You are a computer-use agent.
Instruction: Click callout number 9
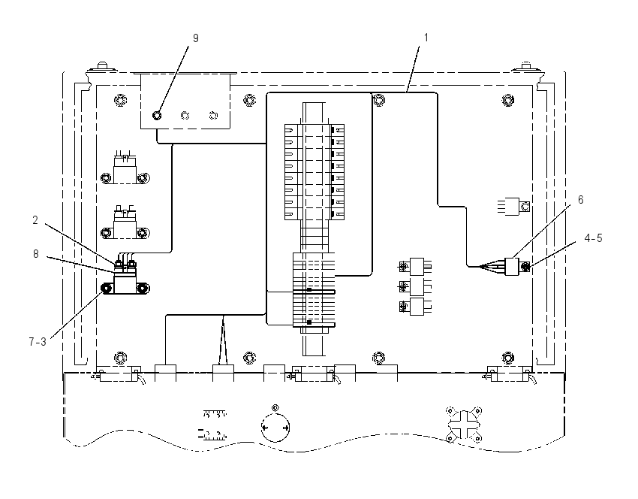tap(196, 38)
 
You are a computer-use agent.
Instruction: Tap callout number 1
tap(426, 38)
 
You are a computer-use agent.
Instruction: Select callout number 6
tap(581, 200)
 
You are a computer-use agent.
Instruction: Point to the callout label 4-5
tap(593, 238)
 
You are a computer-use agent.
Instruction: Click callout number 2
tap(35, 220)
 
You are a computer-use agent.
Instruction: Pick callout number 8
tap(36, 254)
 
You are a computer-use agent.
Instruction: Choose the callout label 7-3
tap(38, 342)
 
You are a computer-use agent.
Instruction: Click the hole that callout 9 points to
tap(157, 116)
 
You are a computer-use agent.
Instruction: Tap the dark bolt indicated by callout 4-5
tap(525, 268)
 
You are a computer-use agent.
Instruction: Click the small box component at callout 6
tap(512, 267)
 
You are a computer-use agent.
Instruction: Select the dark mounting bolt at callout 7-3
tap(107, 289)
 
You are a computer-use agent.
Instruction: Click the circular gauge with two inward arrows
tap(275, 428)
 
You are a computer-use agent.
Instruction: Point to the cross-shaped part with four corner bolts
tap(464, 425)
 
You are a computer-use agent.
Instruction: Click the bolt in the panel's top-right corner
tap(507, 99)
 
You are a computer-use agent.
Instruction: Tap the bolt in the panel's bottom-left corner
tap(120, 358)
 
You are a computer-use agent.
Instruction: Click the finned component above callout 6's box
tap(513, 207)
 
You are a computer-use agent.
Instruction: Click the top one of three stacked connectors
tap(413, 267)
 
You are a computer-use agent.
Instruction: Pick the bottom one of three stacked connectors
tap(413, 307)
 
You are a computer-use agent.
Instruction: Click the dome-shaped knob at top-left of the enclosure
tap(102, 67)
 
